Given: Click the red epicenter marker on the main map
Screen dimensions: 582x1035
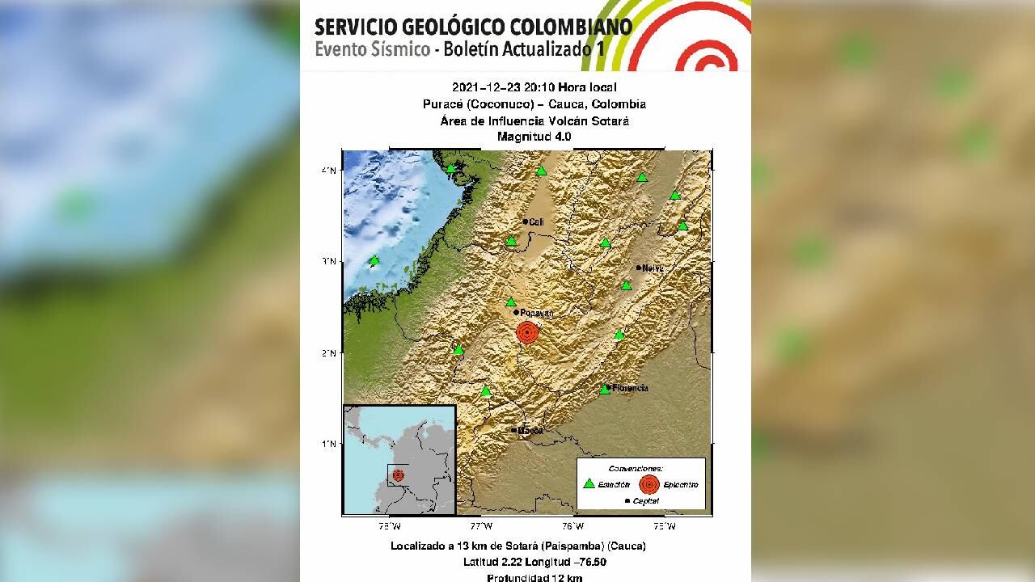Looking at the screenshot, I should coord(526,332).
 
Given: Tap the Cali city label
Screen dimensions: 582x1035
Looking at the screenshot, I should coord(536,221).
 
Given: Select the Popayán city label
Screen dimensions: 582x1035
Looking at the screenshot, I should coord(538,313).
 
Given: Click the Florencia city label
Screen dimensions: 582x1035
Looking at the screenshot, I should coord(631,388).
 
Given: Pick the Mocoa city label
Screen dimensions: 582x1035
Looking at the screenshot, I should coord(530,430).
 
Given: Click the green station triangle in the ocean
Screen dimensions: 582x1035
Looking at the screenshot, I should coord(374,260).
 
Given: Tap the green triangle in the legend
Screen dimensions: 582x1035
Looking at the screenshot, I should coord(589,484).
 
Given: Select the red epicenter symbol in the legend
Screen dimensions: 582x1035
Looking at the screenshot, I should coord(648,484).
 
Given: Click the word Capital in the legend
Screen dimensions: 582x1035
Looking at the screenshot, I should coord(645,501).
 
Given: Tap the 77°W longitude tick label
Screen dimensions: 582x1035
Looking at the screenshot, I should coord(482,525).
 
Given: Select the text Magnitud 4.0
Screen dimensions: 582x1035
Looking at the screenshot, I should coord(534,137).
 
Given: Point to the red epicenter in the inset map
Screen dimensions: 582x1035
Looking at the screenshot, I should coord(398,475).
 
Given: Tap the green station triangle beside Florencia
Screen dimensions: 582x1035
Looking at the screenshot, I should coord(605,390).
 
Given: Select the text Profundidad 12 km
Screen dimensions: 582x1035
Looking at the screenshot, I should coord(534,577).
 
